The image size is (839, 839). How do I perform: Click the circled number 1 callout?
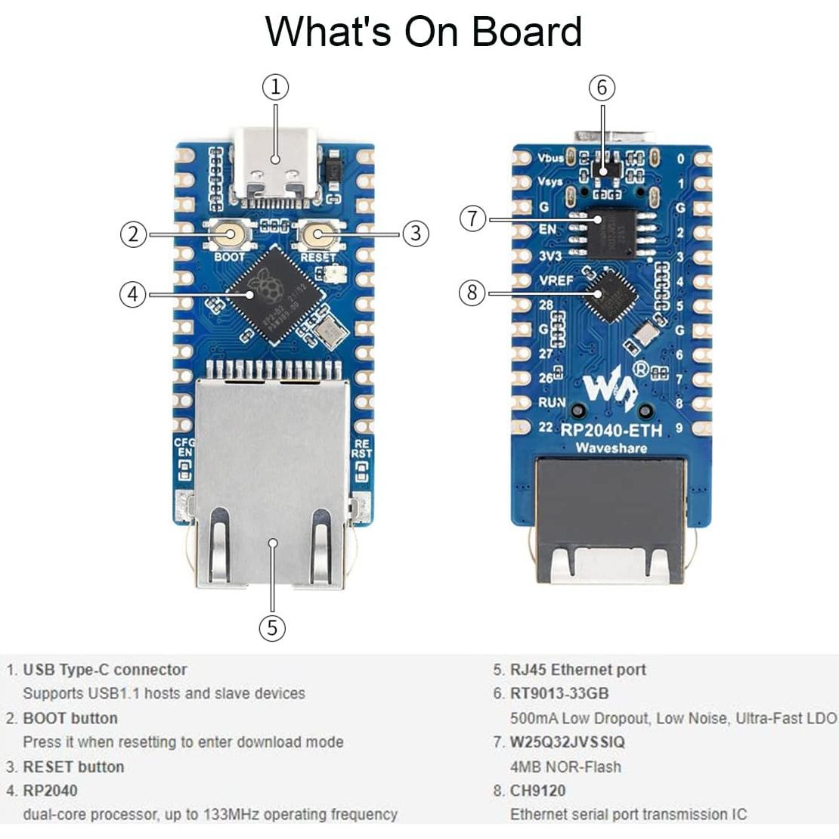coord(276,88)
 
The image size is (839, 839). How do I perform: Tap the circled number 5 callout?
coord(272,627)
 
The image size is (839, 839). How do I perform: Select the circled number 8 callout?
coord(472,292)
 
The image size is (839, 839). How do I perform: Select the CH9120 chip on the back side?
coord(609,296)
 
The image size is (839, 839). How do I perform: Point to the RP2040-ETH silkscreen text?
coord(611,430)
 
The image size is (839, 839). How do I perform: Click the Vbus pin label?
coord(550,158)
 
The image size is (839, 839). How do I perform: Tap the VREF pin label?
coord(556,280)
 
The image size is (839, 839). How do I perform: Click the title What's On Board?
coord(423,32)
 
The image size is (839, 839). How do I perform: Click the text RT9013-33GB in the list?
coord(559,693)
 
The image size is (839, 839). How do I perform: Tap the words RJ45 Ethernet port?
coord(577,670)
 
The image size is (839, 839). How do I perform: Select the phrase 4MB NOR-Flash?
coord(565,766)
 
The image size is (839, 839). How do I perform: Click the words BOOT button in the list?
coord(70,718)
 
